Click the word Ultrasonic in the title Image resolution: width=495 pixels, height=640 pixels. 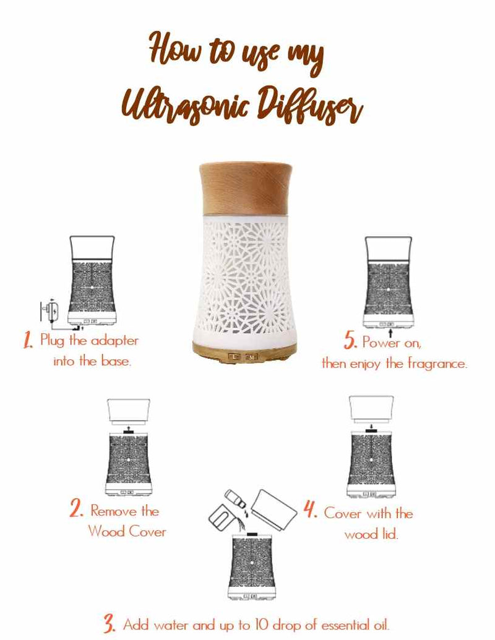[x=184, y=104]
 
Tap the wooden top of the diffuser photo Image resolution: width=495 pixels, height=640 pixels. [x=246, y=188]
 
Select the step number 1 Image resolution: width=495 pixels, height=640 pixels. [x=28, y=340]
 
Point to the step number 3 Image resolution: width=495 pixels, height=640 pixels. [x=109, y=623]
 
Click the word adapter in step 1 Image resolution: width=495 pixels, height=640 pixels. [x=114, y=341]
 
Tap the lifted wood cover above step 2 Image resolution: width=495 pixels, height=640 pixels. [x=129, y=412]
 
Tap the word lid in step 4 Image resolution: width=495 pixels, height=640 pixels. [x=390, y=534]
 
